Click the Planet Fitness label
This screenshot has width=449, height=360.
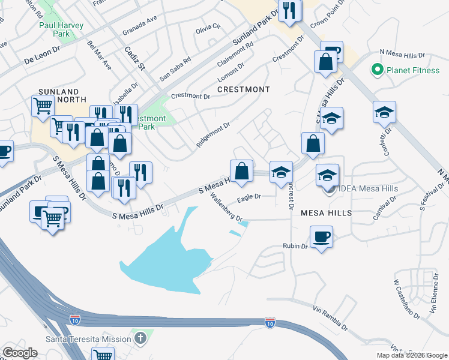coord(413,70)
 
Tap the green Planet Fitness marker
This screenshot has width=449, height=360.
coord(378,70)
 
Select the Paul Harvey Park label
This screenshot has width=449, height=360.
coord(61,30)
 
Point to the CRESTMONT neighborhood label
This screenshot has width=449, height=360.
coord(244,89)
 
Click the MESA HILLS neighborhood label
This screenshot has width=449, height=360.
coord(326,213)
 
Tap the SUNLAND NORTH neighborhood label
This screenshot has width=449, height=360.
coord(62,95)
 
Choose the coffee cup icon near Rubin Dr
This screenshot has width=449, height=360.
coord(321,236)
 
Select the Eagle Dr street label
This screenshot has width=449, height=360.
coord(249,196)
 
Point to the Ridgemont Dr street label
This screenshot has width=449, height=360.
coord(213,136)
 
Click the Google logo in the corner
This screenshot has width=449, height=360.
coord(20,353)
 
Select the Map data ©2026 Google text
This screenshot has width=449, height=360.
coord(411,355)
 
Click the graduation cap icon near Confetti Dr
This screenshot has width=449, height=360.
coord(385,112)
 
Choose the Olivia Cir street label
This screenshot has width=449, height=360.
coord(208,28)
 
